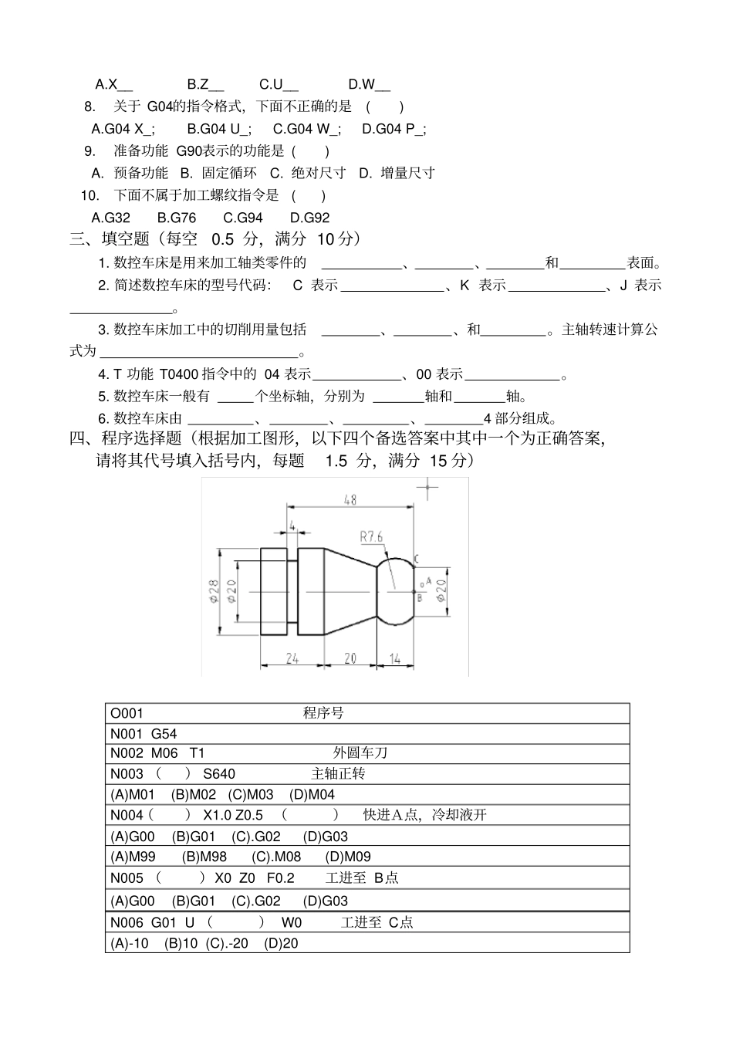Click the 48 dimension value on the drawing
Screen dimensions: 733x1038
click(x=350, y=500)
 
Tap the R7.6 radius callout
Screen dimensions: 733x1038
click(x=371, y=537)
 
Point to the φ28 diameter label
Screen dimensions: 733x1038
click(x=214, y=590)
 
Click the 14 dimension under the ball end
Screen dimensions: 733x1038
click(x=395, y=658)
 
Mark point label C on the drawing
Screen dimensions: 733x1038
click(x=416, y=557)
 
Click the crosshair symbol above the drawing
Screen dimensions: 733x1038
click(x=427, y=487)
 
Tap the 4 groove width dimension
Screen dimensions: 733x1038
click(x=292, y=526)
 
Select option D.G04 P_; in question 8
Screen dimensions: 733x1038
click(x=394, y=129)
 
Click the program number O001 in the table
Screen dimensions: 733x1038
click(x=127, y=713)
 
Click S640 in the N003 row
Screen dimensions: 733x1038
click(x=219, y=774)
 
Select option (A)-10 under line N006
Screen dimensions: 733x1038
click(x=130, y=943)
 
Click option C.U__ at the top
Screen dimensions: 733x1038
click(x=279, y=84)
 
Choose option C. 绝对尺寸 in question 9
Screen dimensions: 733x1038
click(x=308, y=173)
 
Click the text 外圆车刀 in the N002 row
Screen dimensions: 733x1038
click(x=360, y=752)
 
